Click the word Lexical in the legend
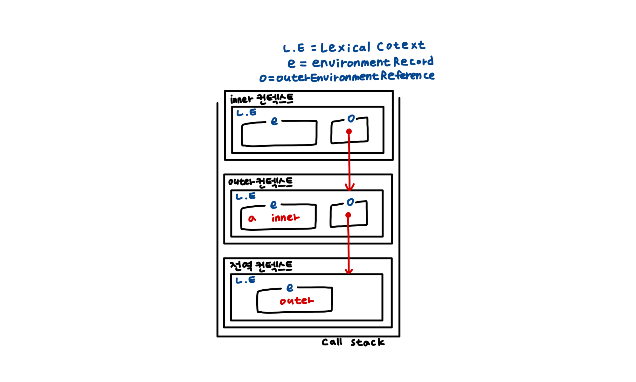tap(345, 48)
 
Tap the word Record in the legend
tap(413, 61)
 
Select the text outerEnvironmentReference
tap(355, 77)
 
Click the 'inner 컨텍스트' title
tap(262, 99)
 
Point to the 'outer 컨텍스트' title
tap(260, 182)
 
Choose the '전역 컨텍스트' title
tap(261, 266)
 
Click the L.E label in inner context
tap(246, 113)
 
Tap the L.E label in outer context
tap(245, 196)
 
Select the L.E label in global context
tap(245, 280)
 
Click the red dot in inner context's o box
tap(349, 131)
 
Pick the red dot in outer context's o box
tap(348, 215)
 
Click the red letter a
tap(252, 218)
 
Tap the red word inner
tap(285, 218)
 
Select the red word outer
tap(296, 301)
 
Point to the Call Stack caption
tap(353, 342)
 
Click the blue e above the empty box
tap(274, 121)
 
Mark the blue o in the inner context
tap(351, 119)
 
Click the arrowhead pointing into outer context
tap(350, 188)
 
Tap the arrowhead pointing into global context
tap(349, 271)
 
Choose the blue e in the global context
tap(290, 288)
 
